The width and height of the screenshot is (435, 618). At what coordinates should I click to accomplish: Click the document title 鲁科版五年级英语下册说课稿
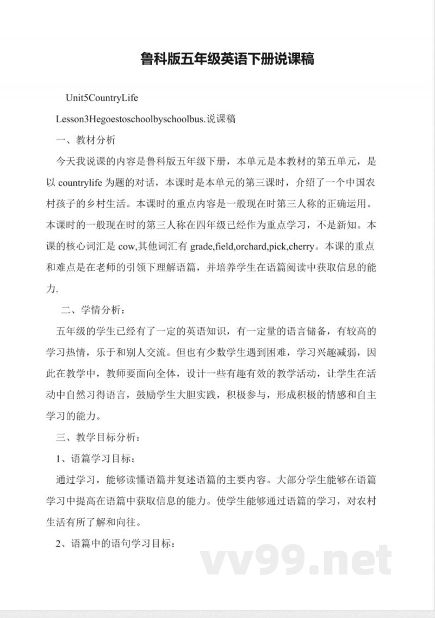coord(227,59)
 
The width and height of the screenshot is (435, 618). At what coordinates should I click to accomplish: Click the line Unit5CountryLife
coord(102,98)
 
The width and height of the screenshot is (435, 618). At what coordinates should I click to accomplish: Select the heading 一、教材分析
coord(86,140)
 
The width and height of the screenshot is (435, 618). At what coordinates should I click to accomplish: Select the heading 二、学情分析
coord(93,310)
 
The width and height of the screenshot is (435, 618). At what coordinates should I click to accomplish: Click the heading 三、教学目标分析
coord(98,436)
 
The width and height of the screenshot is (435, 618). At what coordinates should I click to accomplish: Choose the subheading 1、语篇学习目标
coord(94,458)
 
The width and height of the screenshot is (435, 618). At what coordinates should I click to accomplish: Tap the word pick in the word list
coord(277,246)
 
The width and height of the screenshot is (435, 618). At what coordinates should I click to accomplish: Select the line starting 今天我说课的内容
coord(216,161)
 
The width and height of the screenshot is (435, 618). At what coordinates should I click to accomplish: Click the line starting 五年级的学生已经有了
coord(216,331)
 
